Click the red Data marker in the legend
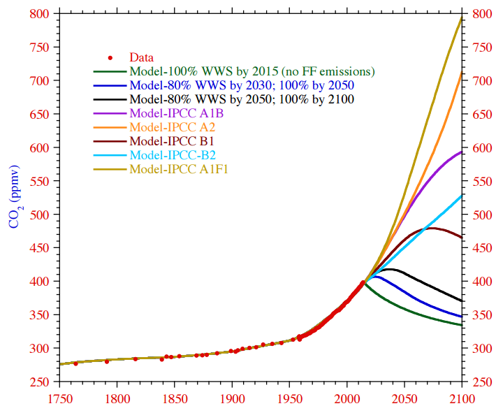(110, 57)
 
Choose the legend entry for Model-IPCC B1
(168, 141)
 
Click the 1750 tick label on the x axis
(59, 399)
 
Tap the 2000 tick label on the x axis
(347, 399)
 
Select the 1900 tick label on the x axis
(232, 399)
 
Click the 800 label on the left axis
(41, 14)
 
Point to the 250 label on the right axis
(481, 382)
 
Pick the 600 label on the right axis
(481, 148)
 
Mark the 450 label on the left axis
(41, 248)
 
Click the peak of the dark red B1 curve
(431, 228)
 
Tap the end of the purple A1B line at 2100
(462, 152)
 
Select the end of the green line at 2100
(462, 325)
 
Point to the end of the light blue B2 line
(462, 196)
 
